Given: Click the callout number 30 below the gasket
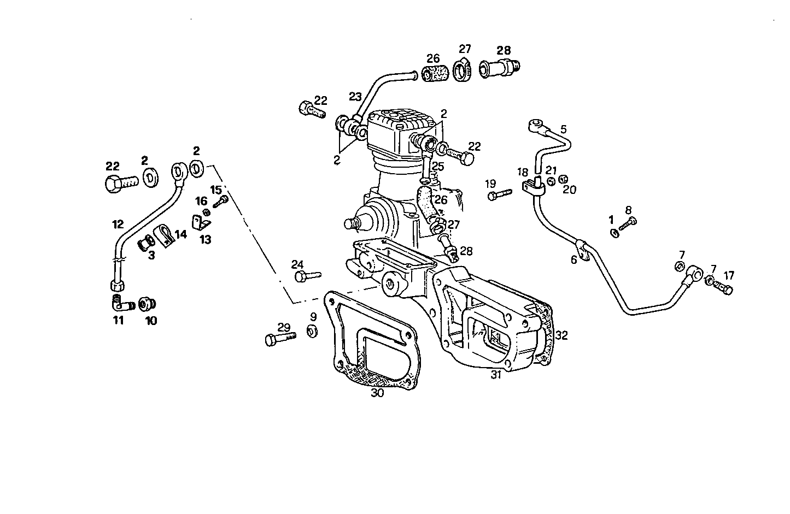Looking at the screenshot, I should [x=377, y=393].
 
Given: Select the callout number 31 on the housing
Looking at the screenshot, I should [x=496, y=374].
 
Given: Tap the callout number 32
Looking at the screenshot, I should [x=561, y=335].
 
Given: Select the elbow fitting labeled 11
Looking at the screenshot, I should [x=121, y=303].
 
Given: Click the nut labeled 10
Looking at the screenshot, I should [x=147, y=304].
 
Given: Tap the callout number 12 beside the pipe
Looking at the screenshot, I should [x=118, y=224].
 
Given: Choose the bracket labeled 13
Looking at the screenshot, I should [x=201, y=223].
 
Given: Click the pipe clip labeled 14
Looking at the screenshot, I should [x=166, y=234].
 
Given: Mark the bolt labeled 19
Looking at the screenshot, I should [x=498, y=194].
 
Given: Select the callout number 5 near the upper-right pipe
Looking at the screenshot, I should [x=564, y=129].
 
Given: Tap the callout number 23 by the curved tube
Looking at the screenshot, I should [x=355, y=97].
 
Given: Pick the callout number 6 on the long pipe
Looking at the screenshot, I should [x=574, y=261].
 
